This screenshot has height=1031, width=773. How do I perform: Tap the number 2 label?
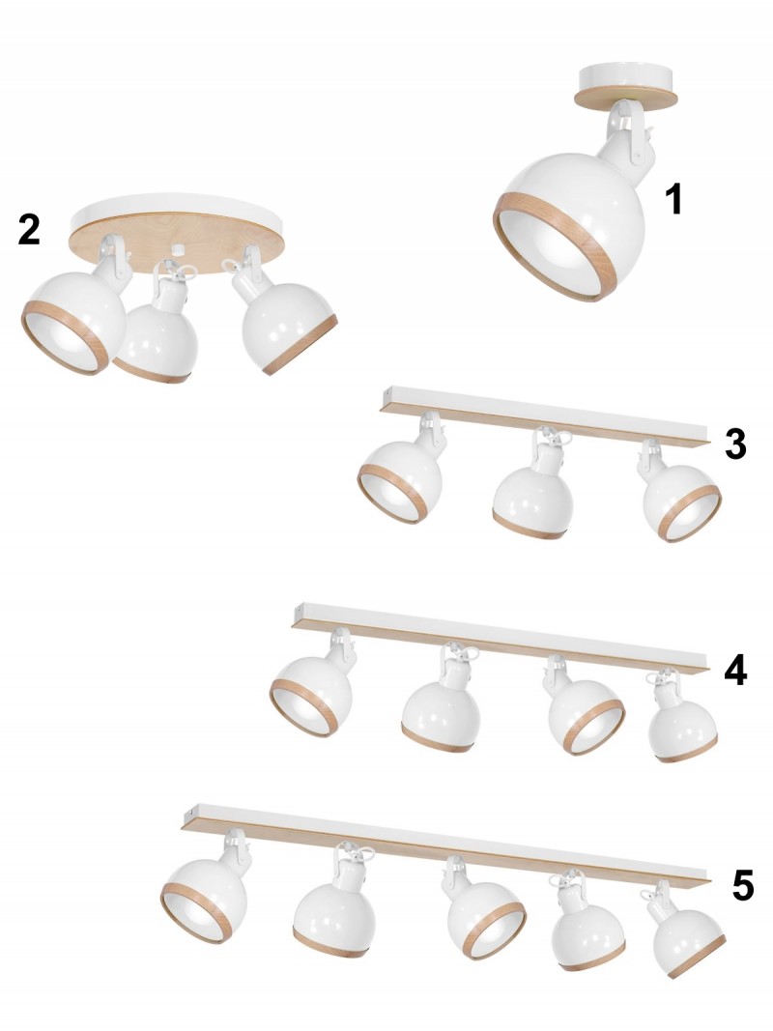point(29,229)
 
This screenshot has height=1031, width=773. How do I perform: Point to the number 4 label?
point(735,670)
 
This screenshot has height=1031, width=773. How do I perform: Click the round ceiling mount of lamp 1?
point(626,85)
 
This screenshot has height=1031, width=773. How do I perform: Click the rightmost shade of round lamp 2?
point(288,328)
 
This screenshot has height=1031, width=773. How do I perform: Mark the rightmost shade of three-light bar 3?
point(681,503)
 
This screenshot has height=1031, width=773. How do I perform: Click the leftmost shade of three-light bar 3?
point(400,482)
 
